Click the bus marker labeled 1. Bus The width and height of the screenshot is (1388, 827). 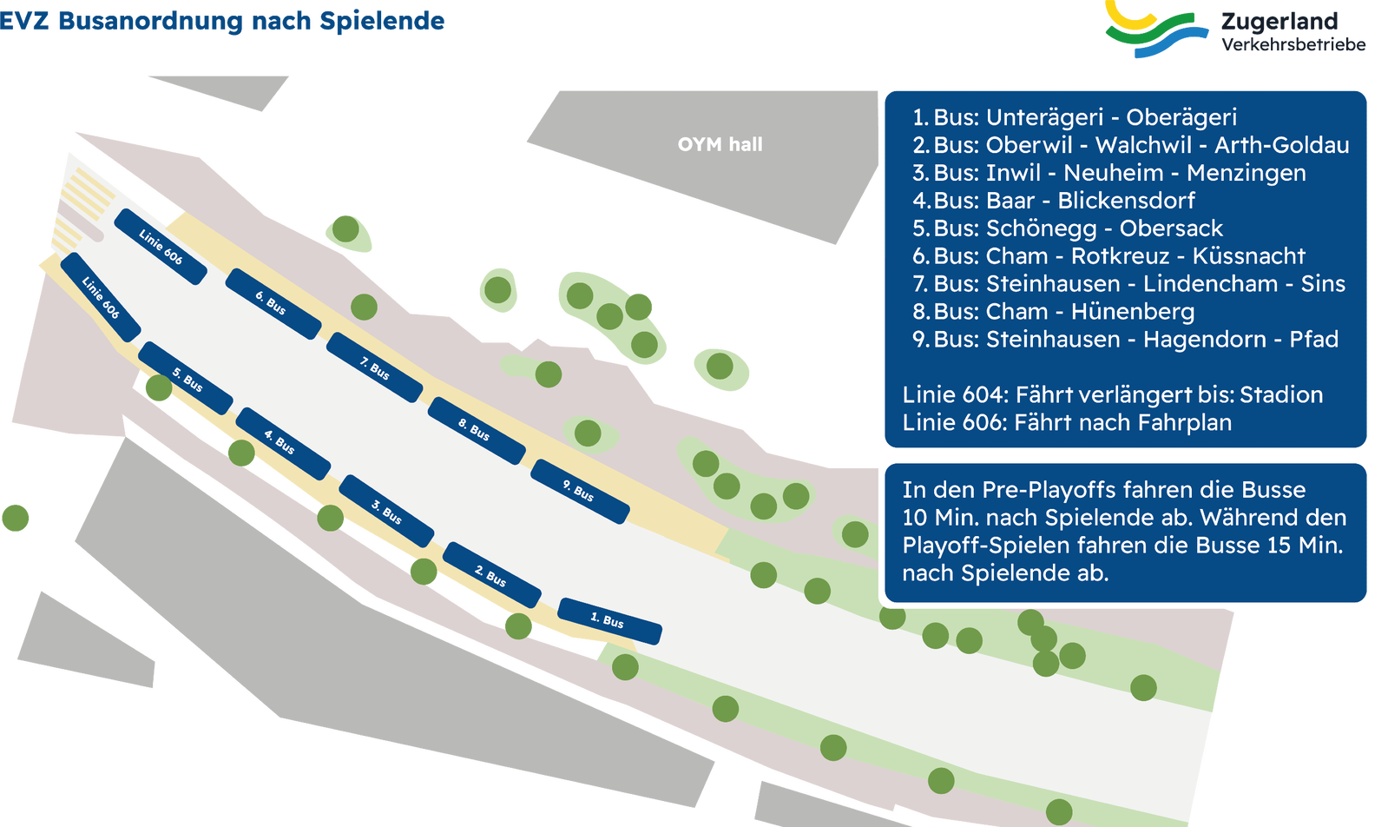609,620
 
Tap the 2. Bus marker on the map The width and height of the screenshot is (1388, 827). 492,575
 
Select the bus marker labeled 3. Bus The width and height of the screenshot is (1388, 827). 386,511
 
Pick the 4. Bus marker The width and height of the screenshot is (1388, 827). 283,443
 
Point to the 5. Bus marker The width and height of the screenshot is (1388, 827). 185,378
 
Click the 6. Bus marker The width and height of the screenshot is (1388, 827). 273,304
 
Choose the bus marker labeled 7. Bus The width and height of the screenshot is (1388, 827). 375,367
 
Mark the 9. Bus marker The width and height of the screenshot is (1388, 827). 581,491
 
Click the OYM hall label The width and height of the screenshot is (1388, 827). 720,144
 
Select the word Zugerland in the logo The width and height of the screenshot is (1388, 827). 1279,22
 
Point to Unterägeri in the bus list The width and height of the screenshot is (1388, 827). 1045,116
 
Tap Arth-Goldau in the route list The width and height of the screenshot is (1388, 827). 1281,144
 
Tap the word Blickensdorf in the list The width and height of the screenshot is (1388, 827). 1126,201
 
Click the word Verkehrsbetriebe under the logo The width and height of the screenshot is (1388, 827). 1293,44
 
